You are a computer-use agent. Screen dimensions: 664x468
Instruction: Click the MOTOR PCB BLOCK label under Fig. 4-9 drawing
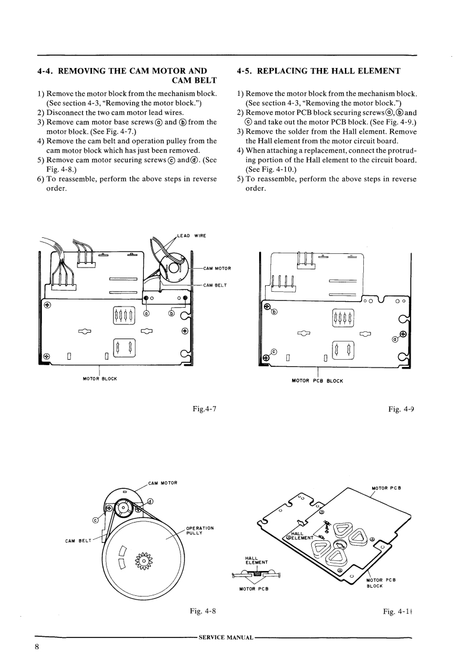(318, 381)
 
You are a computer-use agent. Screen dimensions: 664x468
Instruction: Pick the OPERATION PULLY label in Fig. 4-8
(199, 530)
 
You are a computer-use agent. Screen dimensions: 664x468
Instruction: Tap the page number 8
(36, 647)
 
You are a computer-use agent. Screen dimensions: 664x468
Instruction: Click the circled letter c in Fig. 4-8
(96, 520)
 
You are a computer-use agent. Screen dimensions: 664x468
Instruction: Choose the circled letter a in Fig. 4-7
(147, 313)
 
